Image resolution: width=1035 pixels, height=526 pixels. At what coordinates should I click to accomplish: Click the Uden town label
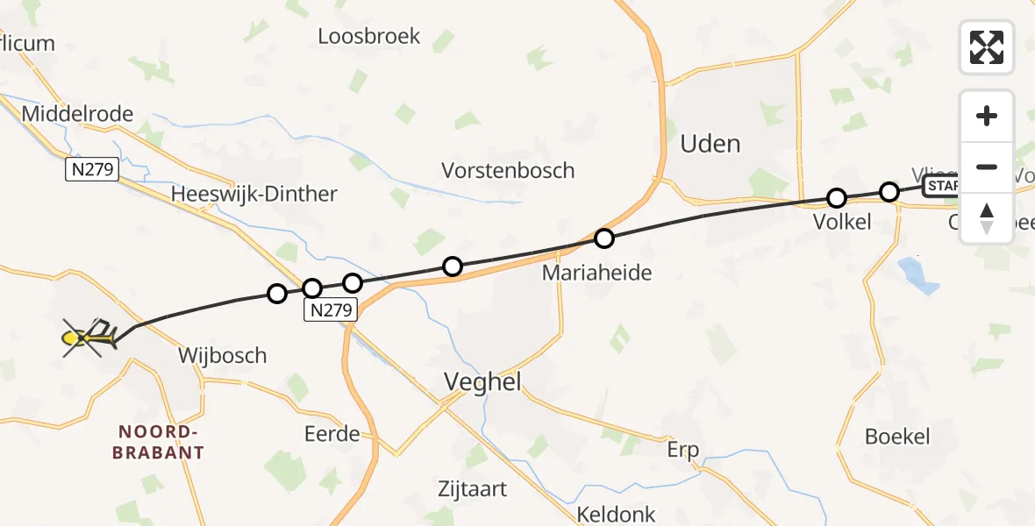(710, 144)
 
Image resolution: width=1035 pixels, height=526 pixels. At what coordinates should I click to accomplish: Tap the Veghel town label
(482, 381)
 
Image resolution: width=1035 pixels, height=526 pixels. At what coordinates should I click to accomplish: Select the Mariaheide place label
(596, 273)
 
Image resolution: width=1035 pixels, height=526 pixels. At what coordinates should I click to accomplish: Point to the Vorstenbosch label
(508, 170)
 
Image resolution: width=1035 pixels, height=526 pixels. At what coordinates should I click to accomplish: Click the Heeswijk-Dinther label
(254, 194)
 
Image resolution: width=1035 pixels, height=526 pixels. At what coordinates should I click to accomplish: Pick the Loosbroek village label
(369, 37)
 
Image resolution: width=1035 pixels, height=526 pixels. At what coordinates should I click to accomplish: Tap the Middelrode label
(77, 113)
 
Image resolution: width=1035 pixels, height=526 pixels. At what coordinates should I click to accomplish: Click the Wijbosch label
(222, 355)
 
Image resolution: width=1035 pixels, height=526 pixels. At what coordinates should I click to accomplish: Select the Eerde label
(332, 434)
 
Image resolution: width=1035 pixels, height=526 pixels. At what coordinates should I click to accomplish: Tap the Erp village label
(682, 451)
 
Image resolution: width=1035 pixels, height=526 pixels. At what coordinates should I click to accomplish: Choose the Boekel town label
(896, 436)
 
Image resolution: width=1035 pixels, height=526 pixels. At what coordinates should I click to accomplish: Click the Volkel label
(842, 222)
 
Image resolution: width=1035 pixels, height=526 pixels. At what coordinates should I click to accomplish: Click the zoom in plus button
(987, 116)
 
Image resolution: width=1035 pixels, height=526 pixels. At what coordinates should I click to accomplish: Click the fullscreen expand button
(987, 46)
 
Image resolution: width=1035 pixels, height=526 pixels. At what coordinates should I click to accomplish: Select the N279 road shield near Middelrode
(91, 170)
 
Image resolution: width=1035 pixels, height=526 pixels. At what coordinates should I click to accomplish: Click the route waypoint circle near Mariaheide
(603, 238)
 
